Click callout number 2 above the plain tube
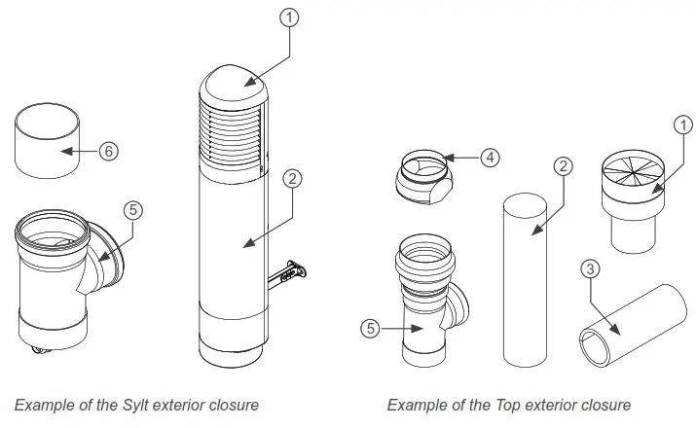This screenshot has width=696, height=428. (561, 165)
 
